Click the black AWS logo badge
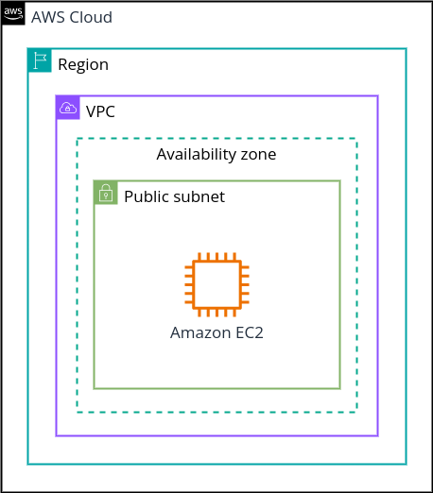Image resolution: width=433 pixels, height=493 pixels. coord(13,13)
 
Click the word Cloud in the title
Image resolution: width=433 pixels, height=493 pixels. coord(91,17)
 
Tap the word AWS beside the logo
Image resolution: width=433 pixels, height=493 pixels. coord(49,17)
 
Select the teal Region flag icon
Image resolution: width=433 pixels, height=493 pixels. coord(40,60)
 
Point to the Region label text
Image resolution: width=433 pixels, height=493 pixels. coord(83,65)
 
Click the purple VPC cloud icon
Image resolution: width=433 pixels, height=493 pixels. coord(68,108)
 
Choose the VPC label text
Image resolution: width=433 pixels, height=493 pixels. coord(100,111)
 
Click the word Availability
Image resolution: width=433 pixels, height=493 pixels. coord(196,155)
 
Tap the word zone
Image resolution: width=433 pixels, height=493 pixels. coord(258,155)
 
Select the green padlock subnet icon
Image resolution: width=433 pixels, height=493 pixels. coord(106,193)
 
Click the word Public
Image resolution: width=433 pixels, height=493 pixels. coord(147,196)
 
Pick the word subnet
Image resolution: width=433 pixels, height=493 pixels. coord(199,196)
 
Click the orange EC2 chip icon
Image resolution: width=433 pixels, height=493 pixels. coord(216,284)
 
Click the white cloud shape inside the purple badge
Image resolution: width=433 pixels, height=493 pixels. coord(68,108)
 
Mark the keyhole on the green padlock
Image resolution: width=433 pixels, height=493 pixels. coord(106,195)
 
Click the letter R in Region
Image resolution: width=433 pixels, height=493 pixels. coord(62,64)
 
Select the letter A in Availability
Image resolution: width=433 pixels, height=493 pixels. coord(163,154)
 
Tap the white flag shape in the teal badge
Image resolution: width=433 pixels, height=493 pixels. coord(40,60)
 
